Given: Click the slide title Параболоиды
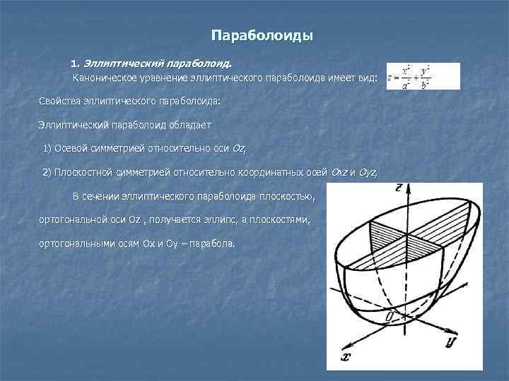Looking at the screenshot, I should coord(262,35).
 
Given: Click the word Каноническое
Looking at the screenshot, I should coord(105,76).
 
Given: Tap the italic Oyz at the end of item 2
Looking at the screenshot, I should coord(368,171).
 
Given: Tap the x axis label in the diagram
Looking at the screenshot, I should coord(346,356).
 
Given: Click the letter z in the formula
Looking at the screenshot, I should coord(390,78).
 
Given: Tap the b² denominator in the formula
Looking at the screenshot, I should coord(426,85).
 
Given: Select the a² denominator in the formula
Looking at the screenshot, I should coord(406,85).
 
